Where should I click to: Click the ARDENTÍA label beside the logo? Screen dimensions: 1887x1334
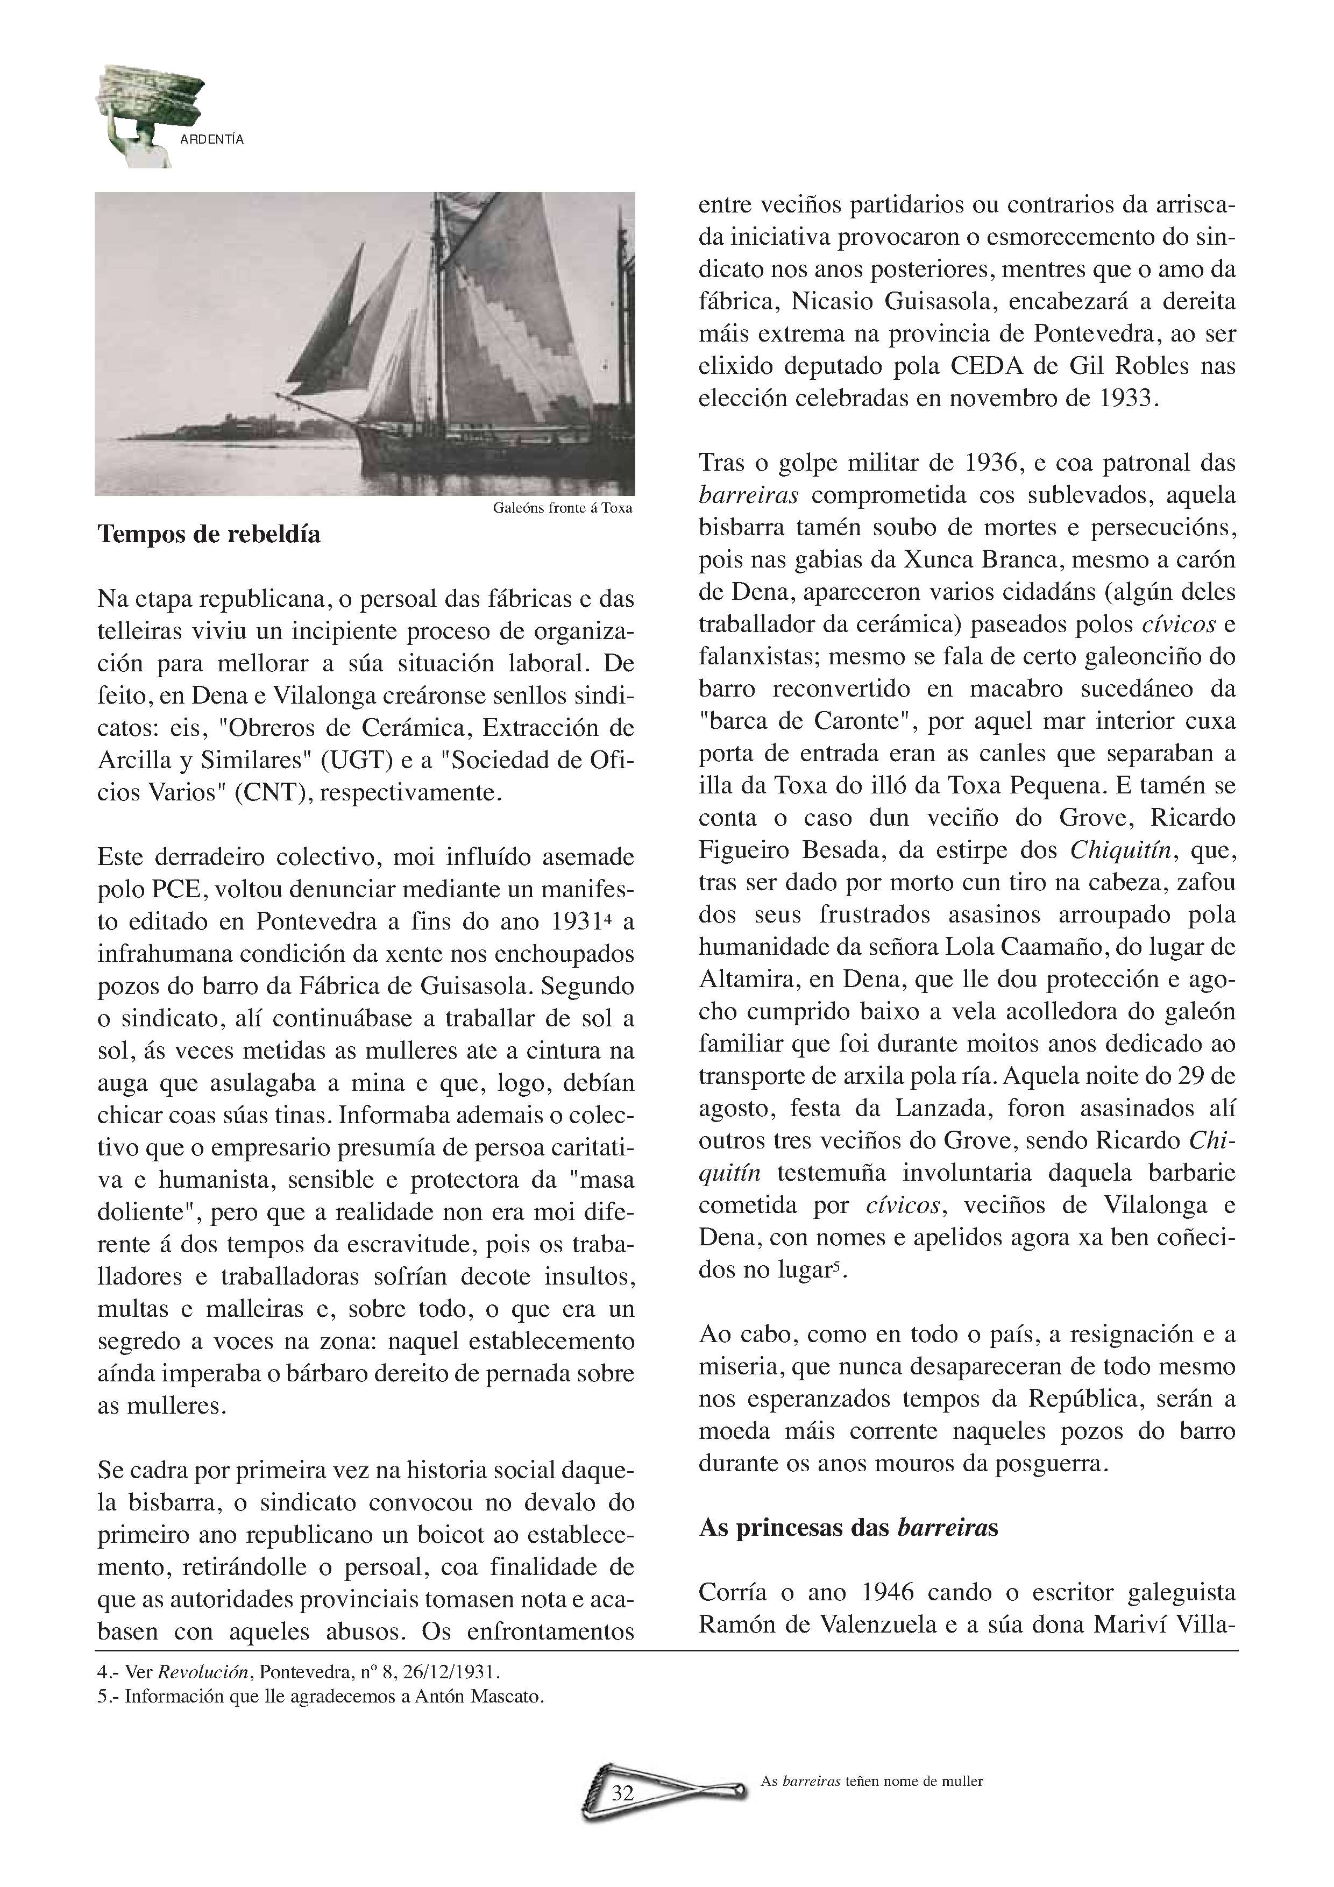tap(211, 140)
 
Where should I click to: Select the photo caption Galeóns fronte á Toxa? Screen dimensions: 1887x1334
tap(562, 508)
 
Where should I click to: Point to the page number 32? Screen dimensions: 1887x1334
tap(623, 1792)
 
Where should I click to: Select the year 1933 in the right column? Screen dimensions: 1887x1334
tap(1126, 399)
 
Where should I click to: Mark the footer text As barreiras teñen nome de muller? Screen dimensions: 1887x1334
tap(871, 1782)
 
